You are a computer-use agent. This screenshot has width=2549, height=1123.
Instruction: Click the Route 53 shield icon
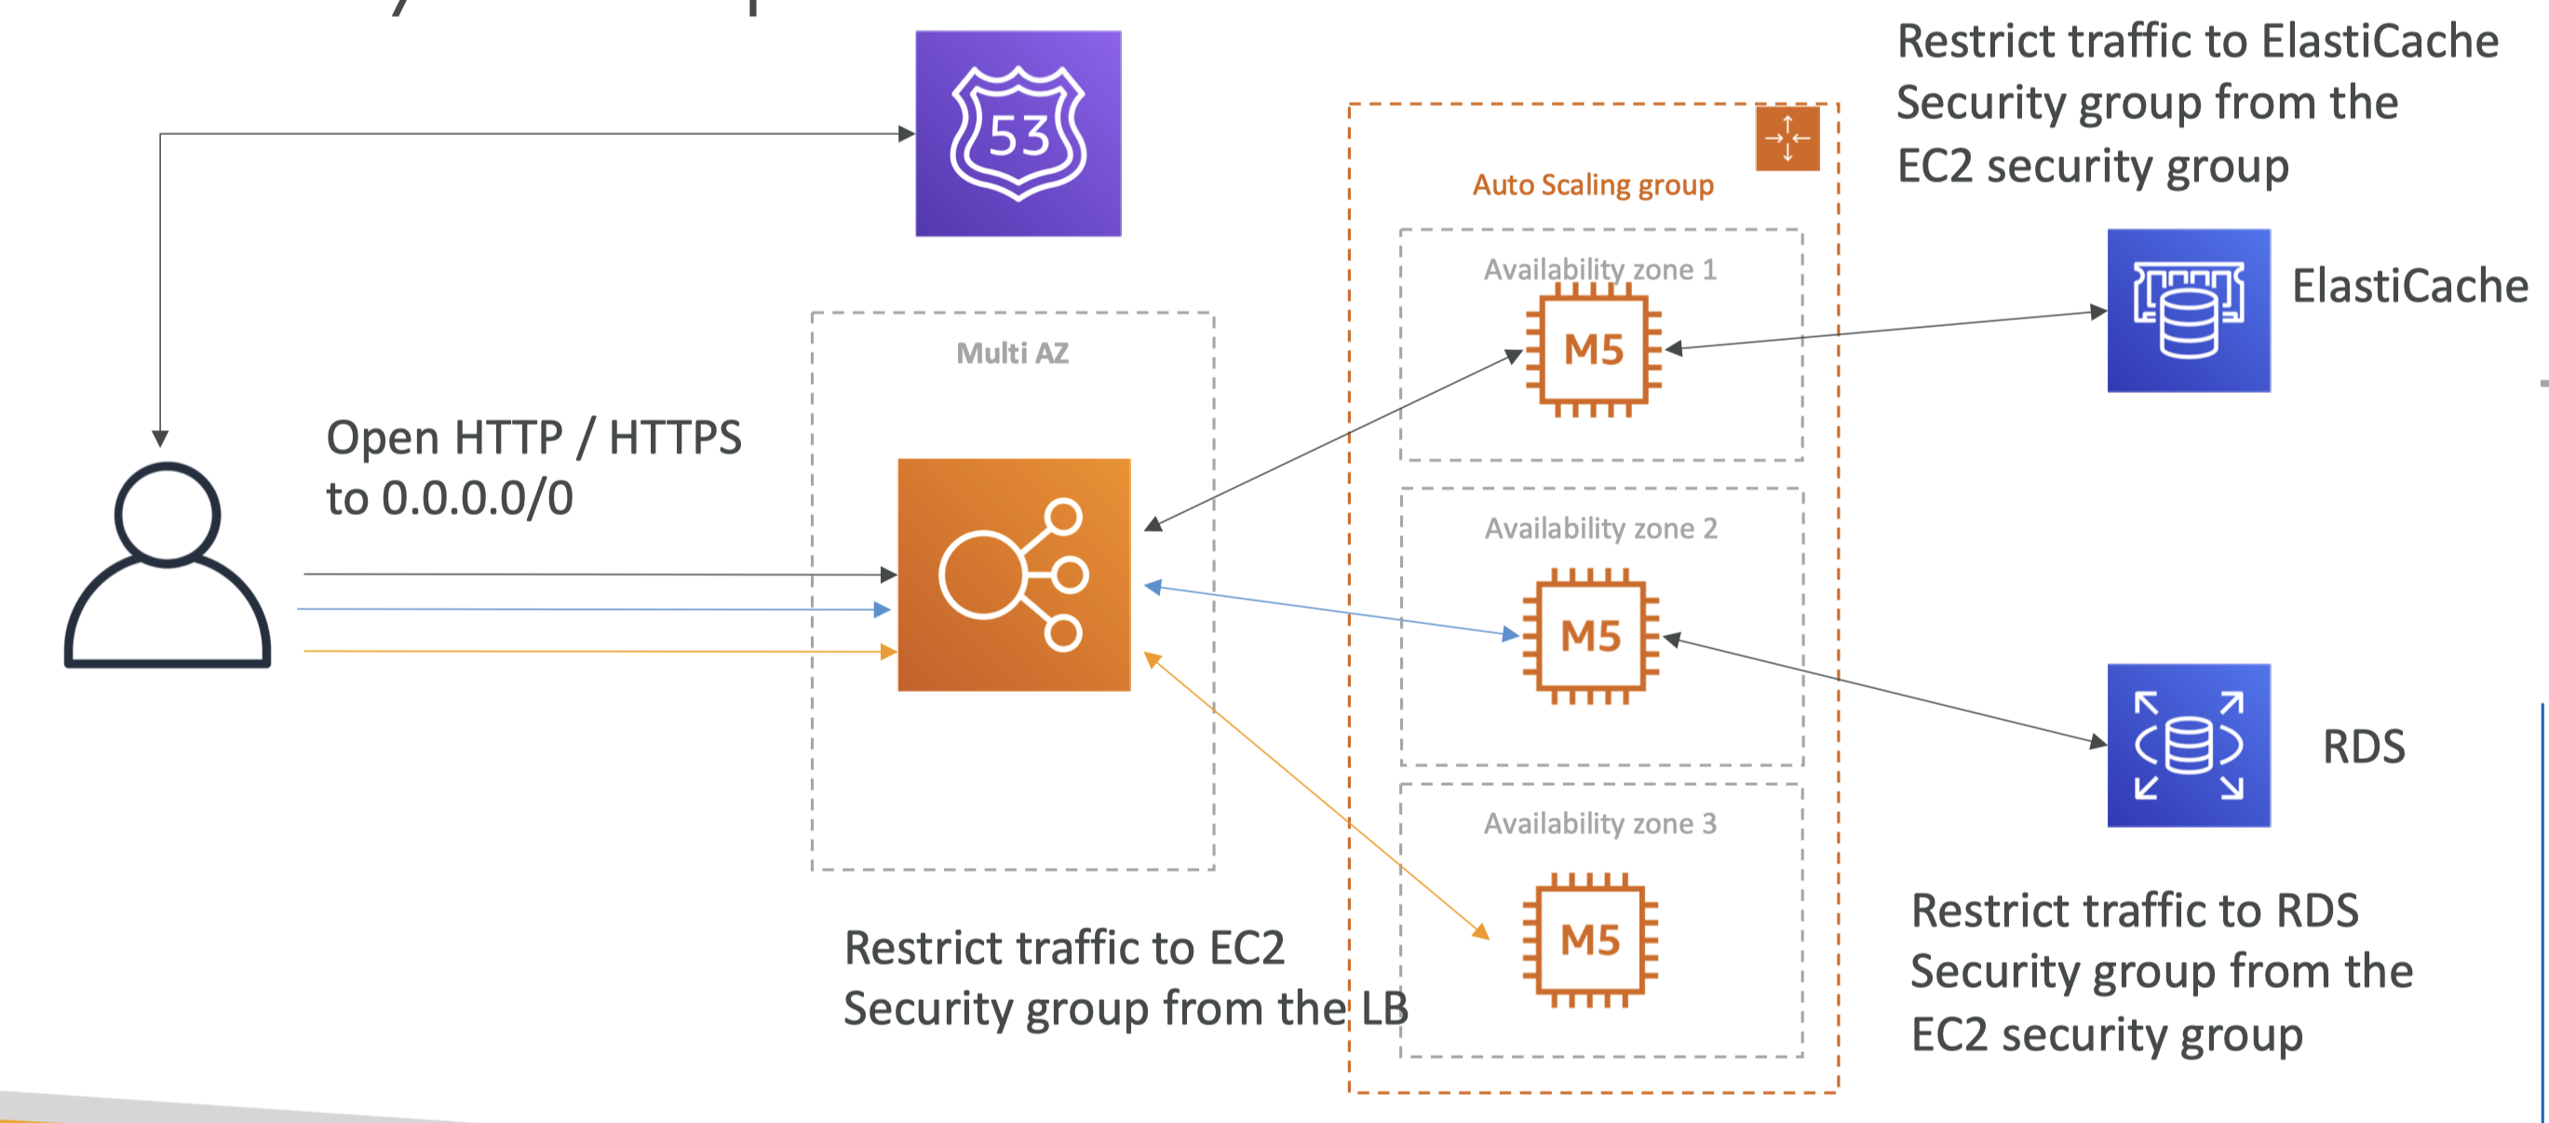1018,133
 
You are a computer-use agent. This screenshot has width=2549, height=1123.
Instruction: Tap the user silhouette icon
168,566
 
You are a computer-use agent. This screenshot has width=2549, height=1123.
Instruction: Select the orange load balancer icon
1013,575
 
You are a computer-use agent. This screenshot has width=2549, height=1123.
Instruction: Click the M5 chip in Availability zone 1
1593,349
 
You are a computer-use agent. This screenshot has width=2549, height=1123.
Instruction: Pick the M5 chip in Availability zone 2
1590,636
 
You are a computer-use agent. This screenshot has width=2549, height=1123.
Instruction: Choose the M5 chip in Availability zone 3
1590,940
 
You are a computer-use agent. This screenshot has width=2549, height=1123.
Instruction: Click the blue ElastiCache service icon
2188,311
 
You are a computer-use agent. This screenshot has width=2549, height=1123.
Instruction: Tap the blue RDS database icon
2188,745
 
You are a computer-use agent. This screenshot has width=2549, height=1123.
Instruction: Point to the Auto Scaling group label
1592,185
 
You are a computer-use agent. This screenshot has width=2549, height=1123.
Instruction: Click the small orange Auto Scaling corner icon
1787,138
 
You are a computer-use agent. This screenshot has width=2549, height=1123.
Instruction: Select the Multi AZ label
1012,353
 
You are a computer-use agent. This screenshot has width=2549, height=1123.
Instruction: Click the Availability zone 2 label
1600,528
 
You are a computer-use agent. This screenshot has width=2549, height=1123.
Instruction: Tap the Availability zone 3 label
1599,823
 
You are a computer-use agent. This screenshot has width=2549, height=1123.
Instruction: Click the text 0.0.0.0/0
477,497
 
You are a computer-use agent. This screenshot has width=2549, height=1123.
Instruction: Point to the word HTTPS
675,438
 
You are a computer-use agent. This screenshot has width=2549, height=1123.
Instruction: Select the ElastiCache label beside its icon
2409,286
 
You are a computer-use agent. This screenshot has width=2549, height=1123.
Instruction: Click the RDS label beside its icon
2363,746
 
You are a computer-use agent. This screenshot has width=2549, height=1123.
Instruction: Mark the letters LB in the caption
1383,1008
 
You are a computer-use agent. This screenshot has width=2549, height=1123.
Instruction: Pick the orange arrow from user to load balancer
594,651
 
